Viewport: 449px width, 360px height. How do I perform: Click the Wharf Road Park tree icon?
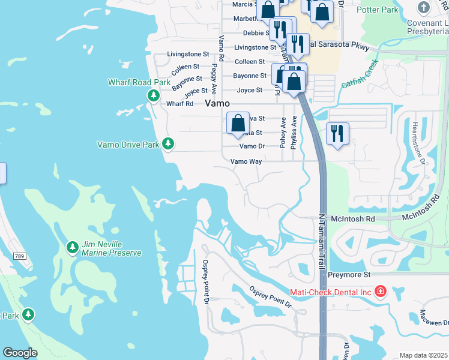pyautogui.click(x=154, y=95)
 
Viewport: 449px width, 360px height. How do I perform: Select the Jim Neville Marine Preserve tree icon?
pyautogui.click(x=72, y=247)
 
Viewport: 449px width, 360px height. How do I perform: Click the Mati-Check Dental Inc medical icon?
pyautogui.click(x=379, y=292)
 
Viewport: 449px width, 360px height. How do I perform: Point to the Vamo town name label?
pyautogui.click(x=217, y=103)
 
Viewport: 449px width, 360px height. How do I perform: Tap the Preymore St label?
pyautogui.click(x=350, y=274)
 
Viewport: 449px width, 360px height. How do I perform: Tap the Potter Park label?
pyautogui.click(x=394, y=10)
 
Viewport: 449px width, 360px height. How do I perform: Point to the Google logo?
pyautogui.click(x=20, y=353)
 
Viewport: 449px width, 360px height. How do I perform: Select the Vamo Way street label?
pyautogui.click(x=246, y=161)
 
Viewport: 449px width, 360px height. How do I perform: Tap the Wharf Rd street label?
pyautogui.click(x=179, y=104)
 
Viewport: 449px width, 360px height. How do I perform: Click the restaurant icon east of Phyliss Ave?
pyautogui.click(x=337, y=133)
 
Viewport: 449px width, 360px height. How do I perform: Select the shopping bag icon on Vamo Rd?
pyautogui.click(x=238, y=123)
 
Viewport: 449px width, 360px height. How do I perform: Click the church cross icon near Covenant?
pyautogui.click(x=424, y=8)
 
